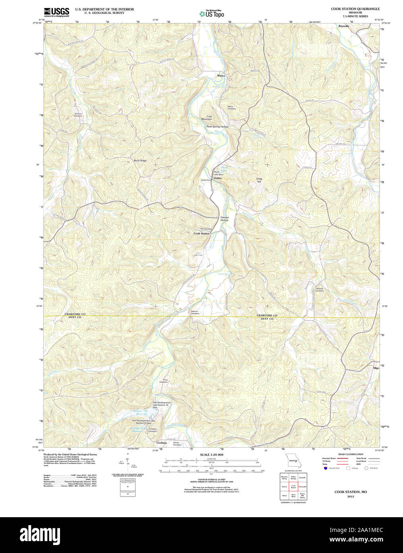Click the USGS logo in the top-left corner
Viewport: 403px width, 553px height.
pos(56,11)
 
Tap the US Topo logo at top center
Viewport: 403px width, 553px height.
pos(212,13)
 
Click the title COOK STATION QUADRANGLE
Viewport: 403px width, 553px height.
pos(355,9)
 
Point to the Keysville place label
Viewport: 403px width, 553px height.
pos(344,26)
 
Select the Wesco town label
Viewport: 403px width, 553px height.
pos(221,76)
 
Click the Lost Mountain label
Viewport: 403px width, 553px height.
pos(207,118)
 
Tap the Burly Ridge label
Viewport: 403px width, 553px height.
pos(140,160)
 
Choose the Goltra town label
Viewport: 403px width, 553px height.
pos(218,178)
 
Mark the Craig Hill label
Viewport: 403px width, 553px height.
pos(259,180)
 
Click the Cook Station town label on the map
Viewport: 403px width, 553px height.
pos(201,233)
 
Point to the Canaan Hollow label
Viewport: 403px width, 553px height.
pos(225,218)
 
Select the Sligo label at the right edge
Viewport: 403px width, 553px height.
pos(376,368)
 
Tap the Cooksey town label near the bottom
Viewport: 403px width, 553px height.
pos(162,443)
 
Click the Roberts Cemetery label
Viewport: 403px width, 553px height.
pos(320,290)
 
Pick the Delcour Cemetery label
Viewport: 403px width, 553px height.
pos(195,312)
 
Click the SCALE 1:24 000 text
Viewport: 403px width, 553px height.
pos(211,454)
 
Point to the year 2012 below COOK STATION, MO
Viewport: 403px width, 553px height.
pos(351,497)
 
